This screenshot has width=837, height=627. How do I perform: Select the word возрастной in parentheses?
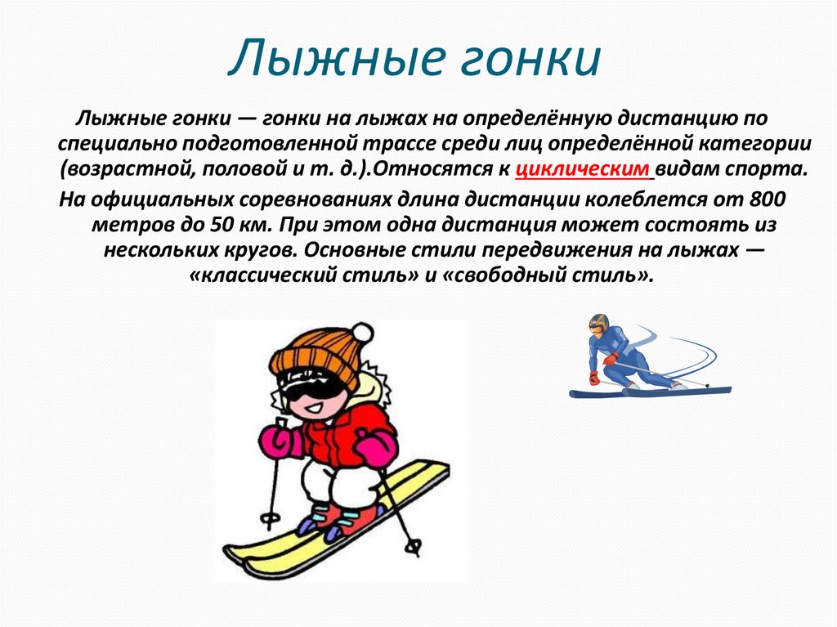click(x=123, y=170)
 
